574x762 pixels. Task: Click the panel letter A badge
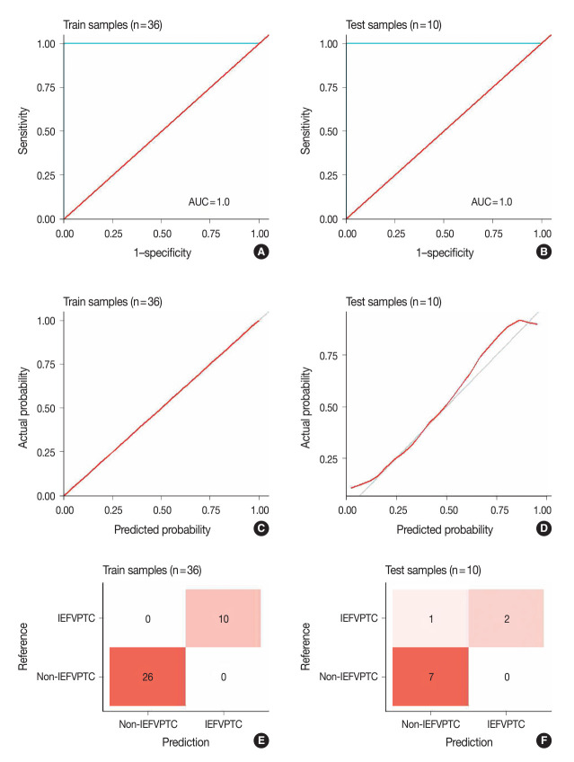(x=262, y=254)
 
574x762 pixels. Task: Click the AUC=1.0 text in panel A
(x=208, y=201)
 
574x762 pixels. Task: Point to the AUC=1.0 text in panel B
(x=491, y=201)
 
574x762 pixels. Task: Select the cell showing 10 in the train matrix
(x=223, y=618)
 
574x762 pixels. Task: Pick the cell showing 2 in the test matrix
(x=506, y=618)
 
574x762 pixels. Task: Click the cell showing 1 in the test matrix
(x=429, y=618)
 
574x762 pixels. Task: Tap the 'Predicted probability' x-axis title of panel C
(x=162, y=529)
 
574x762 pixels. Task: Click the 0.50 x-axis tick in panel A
(x=161, y=233)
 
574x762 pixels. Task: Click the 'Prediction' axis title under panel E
(x=184, y=742)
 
